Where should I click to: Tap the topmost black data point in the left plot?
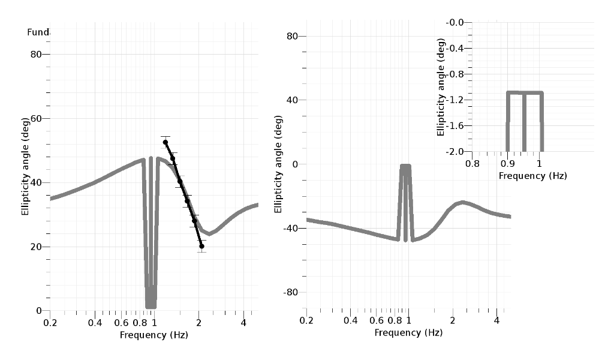165,142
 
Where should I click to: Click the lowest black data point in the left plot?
201,246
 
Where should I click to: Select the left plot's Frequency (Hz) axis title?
154,334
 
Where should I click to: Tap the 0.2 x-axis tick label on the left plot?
50,323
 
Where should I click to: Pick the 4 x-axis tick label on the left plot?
243,323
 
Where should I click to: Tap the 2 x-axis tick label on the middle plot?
453,320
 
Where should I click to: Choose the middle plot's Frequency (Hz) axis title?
408,332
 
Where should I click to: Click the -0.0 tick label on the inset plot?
456,22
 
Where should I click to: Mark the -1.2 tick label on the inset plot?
456,100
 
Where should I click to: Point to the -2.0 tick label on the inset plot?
456,151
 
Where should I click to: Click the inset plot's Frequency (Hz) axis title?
532,175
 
